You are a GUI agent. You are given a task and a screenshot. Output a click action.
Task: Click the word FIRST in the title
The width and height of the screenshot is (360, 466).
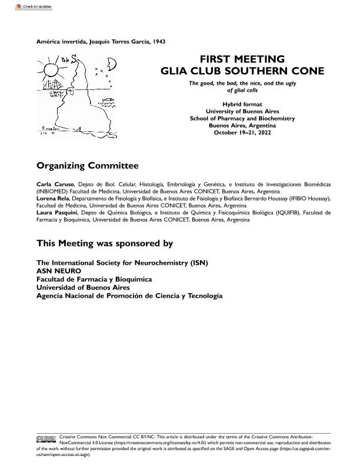coord(215,59)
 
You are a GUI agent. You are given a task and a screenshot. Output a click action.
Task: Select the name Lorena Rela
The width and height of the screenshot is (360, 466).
coord(54,199)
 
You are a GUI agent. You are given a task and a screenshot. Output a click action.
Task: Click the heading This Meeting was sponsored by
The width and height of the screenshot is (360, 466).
coord(105,243)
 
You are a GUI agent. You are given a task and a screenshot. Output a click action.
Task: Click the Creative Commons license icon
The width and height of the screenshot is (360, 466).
coord(46,439)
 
